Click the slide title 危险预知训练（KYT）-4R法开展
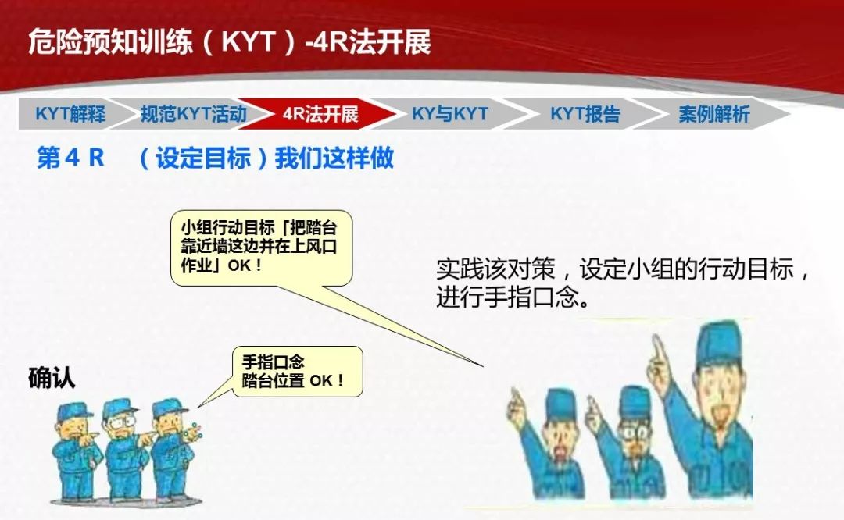tap(229, 42)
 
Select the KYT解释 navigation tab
tap(70, 114)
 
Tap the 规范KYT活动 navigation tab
tap(192, 114)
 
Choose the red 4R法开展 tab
tap(320, 114)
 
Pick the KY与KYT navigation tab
tap(449, 114)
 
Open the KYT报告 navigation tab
tap(585, 114)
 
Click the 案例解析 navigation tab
tap(713, 114)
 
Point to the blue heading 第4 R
tap(70, 158)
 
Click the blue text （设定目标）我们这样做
tap(266, 158)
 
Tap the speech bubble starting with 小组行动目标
tap(261, 247)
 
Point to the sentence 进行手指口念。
tap(512, 298)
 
